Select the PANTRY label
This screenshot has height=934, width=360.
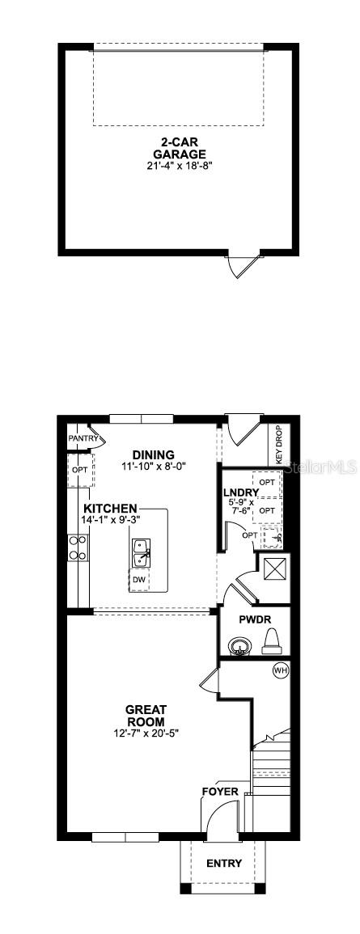pos(83,439)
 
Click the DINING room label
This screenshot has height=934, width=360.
pos(153,455)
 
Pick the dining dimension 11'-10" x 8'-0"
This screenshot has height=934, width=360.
pos(153,467)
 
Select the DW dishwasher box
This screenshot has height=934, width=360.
pos(139,580)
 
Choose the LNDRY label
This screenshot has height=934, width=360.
pos(241,492)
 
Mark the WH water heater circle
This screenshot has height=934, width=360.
pos(280,670)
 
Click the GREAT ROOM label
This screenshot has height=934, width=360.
pos(146,716)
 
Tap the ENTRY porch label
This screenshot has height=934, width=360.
pos(224,864)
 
